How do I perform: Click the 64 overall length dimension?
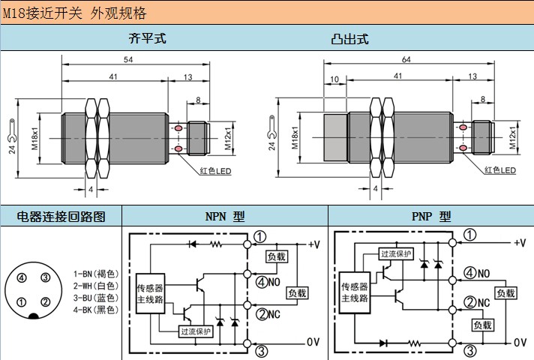(x=406, y=60)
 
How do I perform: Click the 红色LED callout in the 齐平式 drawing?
(x=217, y=170)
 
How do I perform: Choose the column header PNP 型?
(x=431, y=217)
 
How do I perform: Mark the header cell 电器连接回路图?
(x=61, y=217)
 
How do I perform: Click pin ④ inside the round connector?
(x=22, y=278)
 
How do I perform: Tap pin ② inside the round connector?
(x=45, y=302)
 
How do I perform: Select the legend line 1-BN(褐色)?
(x=95, y=274)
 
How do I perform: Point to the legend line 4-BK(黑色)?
(x=95, y=309)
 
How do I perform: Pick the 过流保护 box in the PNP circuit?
(x=396, y=253)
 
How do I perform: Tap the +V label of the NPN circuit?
(x=314, y=244)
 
